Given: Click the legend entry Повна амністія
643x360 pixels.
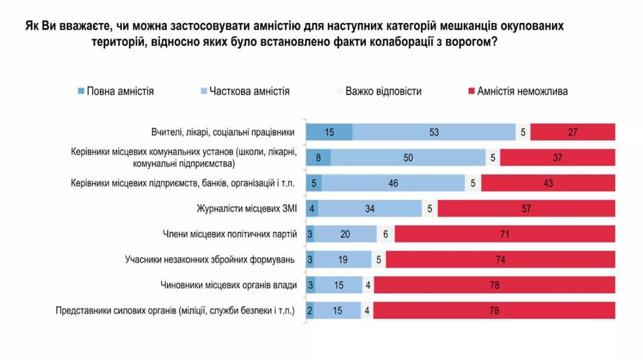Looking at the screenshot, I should (x=115, y=91).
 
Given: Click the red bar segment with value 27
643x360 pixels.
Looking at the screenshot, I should (x=572, y=132).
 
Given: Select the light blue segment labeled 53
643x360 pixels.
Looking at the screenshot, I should (x=434, y=132).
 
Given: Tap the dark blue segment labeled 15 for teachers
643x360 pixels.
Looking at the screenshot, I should (x=329, y=132).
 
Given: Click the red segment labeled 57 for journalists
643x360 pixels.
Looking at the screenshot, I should (x=526, y=209).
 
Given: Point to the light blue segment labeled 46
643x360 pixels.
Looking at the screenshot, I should (x=392, y=183).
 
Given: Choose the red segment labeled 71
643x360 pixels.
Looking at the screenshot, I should (x=505, y=234).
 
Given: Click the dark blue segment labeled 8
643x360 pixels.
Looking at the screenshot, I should (x=318, y=158).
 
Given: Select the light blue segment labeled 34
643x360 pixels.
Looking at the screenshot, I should (x=370, y=209).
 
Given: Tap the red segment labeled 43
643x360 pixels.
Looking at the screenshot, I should (x=548, y=183).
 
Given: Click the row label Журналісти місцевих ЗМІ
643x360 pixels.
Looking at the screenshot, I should (x=248, y=210).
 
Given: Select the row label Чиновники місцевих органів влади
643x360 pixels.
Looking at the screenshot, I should (x=228, y=285).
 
